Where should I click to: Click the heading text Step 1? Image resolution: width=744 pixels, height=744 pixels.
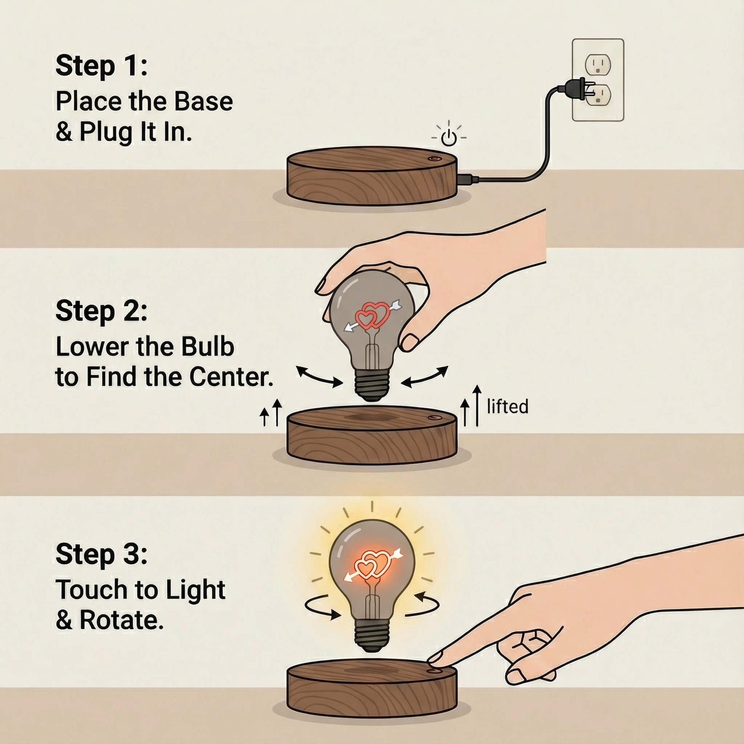[x=101, y=66]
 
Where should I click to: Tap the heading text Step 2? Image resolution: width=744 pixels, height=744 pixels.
[x=101, y=311]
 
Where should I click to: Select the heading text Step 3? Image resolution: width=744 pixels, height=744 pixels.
[x=101, y=554]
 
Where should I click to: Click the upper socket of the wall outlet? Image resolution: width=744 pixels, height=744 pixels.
[x=598, y=65]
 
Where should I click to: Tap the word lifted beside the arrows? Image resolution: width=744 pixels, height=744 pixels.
[x=507, y=407]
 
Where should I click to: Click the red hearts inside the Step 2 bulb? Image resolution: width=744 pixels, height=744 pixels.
[x=372, y=315]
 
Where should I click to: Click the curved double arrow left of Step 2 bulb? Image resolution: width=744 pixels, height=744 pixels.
[x=319, y=376]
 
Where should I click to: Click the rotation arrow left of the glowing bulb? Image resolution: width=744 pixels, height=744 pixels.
[x=322, y=608]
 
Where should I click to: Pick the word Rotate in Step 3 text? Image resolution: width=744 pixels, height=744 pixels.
[x=121, y=620]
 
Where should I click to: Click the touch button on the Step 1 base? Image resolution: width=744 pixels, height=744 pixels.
[x=434, y=159]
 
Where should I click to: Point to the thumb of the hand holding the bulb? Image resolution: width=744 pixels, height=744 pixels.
[x=410, y=341]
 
